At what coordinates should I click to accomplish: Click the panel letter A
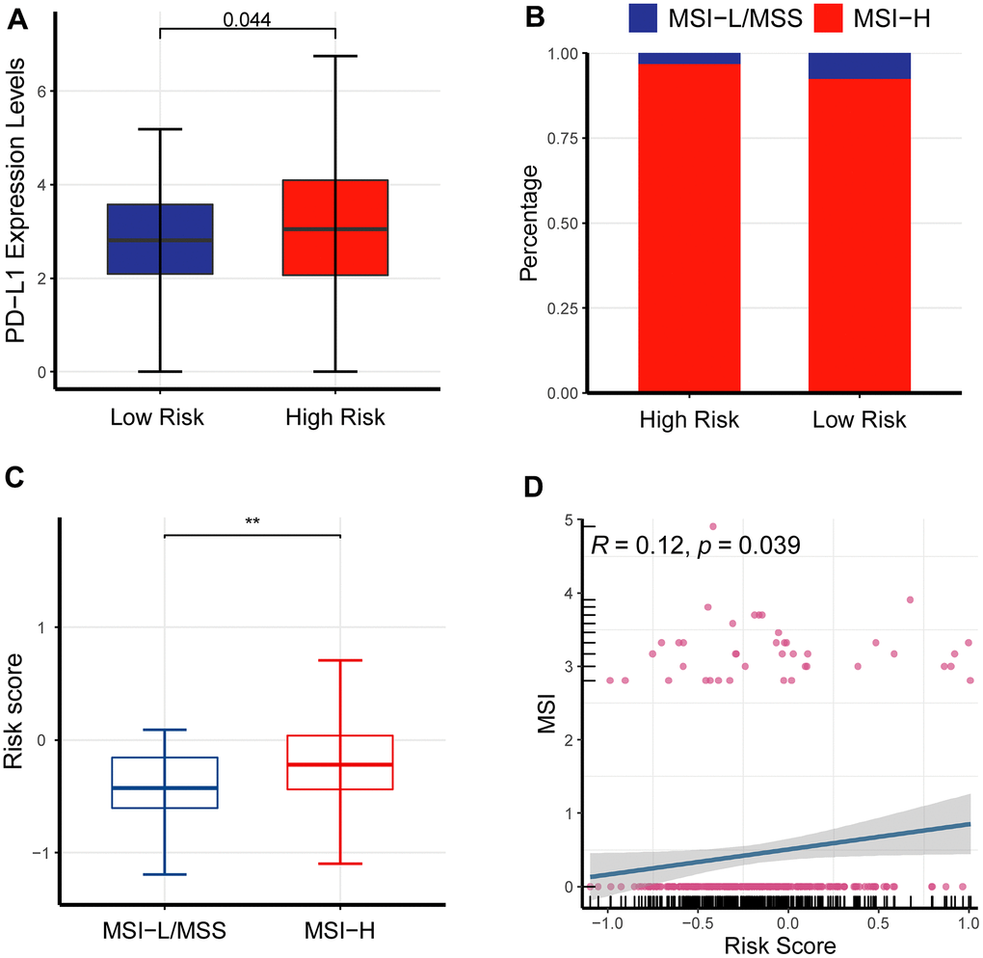coord(18,15)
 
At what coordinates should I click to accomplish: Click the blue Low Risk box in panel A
coord(160,239)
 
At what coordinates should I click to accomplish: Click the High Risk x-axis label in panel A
coord(335,417)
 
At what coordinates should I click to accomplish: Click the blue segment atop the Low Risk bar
coord(860,66)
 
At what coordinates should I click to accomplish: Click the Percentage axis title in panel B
coord(527,223)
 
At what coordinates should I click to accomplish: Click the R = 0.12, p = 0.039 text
coord(695,545)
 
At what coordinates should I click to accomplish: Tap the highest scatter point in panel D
coord(713,526)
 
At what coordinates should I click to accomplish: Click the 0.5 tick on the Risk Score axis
coord(878,922)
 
